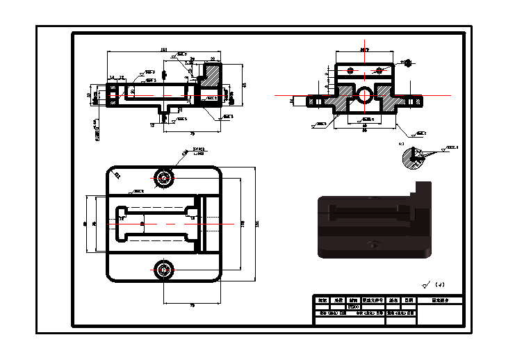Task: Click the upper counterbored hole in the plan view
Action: (x=164, y=177)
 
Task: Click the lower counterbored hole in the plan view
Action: (x=164, y=269)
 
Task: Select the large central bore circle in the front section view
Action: (x=363, y=95)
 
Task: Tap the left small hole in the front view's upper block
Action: (x=350, y=71)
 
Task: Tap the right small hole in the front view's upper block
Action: (x=377, y=70)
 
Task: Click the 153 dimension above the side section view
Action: (x=164, y=49)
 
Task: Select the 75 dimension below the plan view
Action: (x=192, y=305)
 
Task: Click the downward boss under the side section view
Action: (x=165, y=111)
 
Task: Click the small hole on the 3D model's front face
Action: (x=375, y=244)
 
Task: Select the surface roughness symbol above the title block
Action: (x=426, y=284)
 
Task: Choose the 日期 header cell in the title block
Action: (x=409, y=300)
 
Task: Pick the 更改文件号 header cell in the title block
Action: (x=373, y=300)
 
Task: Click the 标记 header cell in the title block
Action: (x=322, y=300)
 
